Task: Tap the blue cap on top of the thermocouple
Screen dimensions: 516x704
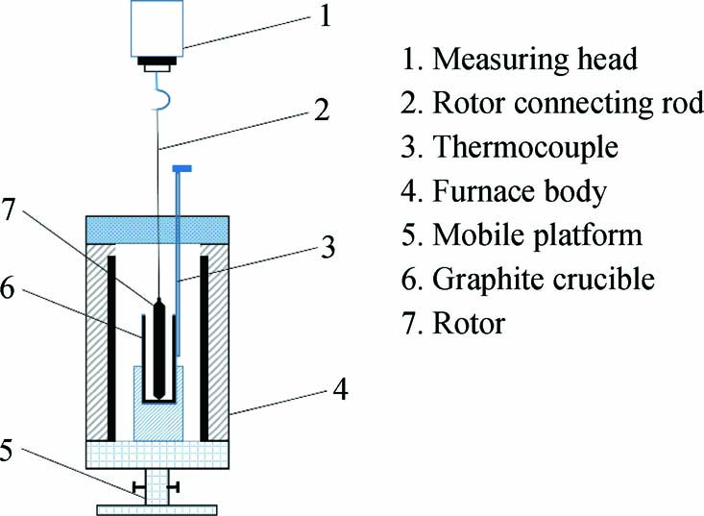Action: click(x=182, y=170)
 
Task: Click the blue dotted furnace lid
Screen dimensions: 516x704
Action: click(x=158, y=229)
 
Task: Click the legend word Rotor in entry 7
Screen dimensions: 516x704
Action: click(x=470, y=324)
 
